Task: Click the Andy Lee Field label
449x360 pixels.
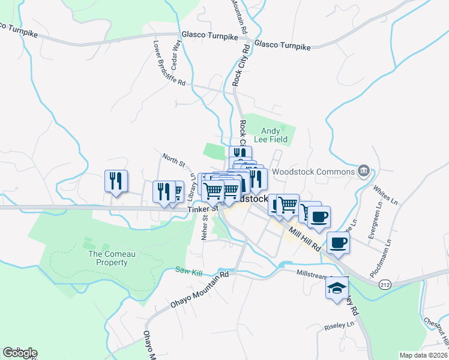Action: (274, 135)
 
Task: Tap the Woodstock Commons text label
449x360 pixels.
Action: (313, 172)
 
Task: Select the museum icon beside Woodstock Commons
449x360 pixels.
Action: (364, 172)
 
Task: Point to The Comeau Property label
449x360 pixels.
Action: (108, 258)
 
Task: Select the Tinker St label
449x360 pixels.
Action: (201, 209)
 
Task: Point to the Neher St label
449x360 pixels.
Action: (205, 226)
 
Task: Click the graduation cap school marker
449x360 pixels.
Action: (337, 287)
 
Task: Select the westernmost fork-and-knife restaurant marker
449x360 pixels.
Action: (115, 181)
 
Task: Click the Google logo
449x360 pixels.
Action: (20, 353)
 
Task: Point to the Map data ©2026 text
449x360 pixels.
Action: (423, 355)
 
